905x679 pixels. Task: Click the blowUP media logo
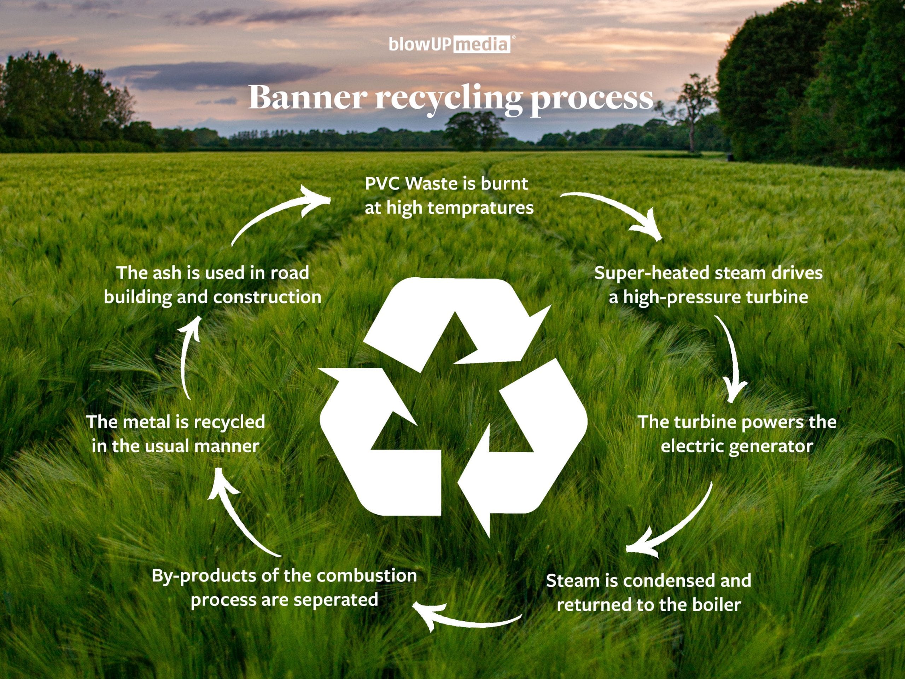pos(449,44)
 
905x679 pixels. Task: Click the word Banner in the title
pos(307,97)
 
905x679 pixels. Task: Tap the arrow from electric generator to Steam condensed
pos(675,524)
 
